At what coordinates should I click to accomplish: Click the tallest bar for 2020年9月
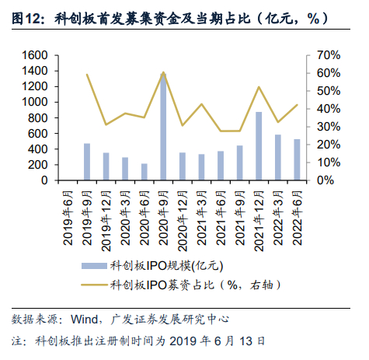tap(163, 127)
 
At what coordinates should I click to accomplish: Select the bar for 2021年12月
tap(259, 146)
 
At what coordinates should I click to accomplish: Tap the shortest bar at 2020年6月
tap(144, 172)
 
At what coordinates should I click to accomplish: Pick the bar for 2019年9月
tap(87, 162)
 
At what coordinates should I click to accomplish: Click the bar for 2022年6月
tap(297, 159)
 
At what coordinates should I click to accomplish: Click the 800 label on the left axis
tap(38, 118)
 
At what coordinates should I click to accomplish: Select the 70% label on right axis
tap(329, 55)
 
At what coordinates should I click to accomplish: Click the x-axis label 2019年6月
tap(68, 218)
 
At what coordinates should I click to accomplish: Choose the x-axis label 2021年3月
tap(202, 218)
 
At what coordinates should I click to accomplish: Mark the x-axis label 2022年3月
tap(278, 218)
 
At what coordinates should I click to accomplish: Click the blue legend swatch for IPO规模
tap(94, 266)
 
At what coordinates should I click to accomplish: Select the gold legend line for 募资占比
tap(94, 285)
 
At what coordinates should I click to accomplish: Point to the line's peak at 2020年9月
tap(163, 72)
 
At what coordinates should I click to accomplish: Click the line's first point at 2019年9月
tap(87, 75)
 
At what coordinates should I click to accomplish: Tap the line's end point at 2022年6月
tap(297, 105)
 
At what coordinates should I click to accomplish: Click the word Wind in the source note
tap(84, 320)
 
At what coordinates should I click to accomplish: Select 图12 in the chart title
tap(26, 19)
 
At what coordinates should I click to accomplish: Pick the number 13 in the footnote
tap(245, 341)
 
